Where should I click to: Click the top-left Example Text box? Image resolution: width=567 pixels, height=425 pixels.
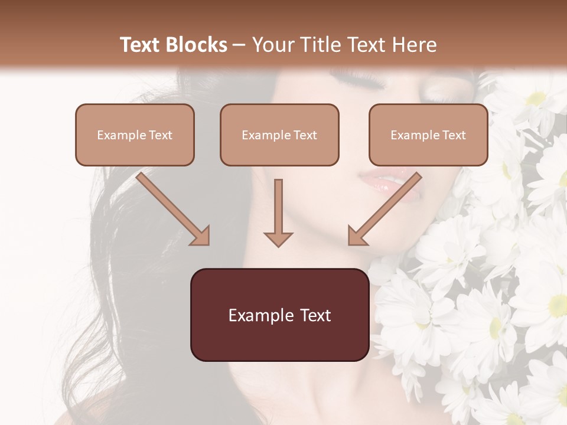point(135,135)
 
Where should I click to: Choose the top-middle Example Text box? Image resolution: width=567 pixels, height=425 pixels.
point(279,135)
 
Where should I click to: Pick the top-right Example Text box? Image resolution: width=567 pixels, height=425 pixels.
point(428,135)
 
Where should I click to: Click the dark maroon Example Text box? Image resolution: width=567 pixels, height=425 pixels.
point(279,315)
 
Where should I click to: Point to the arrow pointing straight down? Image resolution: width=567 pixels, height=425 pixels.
point(278,212)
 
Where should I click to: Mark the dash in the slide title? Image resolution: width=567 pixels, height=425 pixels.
point(239,45)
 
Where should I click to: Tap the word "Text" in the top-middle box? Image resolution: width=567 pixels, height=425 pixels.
point(305,135)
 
